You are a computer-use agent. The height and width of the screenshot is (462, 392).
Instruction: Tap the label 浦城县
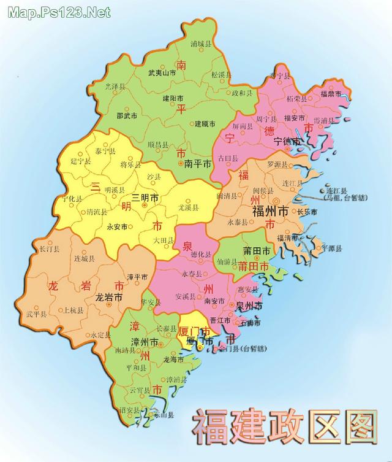[201, 45]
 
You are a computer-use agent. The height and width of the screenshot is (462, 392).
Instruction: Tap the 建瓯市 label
[205, 125]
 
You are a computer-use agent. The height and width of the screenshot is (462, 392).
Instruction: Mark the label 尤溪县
[188, 208]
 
